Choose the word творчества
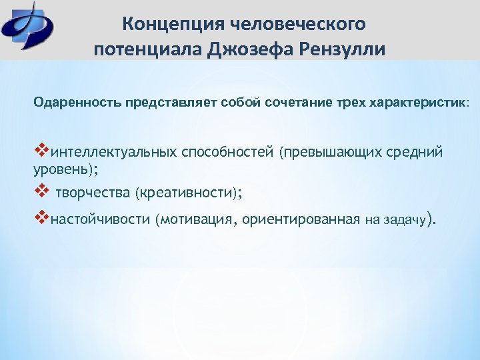pyautogui.click(x=93, y=193)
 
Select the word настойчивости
pyautogui.click(x=99, y=219)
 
